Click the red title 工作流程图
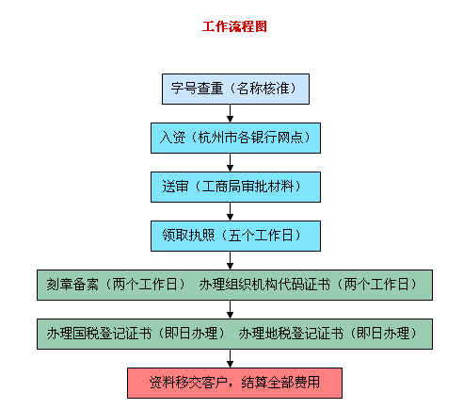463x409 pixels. click(234, 26)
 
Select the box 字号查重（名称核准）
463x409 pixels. click(235, 89)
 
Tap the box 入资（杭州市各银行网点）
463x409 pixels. click(235, 138)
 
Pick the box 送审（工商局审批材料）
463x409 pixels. click(235, 187)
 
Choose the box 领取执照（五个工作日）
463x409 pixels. click(235, 236)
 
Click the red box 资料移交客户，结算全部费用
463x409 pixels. click(234, 383)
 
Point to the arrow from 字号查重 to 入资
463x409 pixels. click(230, 113)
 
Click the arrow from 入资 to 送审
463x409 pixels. click(230, 162)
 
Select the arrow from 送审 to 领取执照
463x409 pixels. click(230, 211)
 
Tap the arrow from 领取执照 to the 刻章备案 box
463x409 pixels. click(230, 260)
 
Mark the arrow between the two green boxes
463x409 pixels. click(230, 309)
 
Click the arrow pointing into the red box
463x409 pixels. click(230, 358)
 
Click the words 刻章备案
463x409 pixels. click(72, 285)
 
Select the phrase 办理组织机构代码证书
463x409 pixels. click(264, 285)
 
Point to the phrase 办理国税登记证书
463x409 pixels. click(99, 334)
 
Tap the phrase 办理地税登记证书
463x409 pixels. click(291, 334)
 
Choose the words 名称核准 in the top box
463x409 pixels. click(263, 89)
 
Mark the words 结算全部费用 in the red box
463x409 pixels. click(280, 383)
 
